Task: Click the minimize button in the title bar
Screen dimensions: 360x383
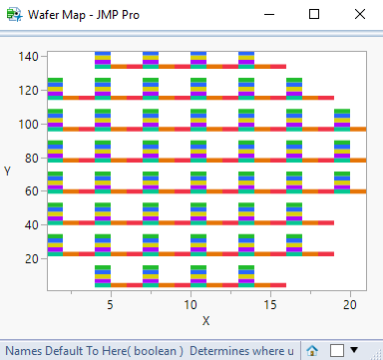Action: [x=268, y=15]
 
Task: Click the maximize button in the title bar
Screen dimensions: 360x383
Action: [x=314, y=15]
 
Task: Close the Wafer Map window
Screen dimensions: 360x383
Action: [x=359, y=15]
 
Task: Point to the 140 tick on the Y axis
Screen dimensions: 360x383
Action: [x=29, y=57]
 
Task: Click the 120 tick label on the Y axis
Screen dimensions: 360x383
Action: [x=29, y=91]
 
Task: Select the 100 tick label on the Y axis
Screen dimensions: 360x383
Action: [x=29, y=125]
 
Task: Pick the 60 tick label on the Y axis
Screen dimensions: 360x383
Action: [x=32, y=191]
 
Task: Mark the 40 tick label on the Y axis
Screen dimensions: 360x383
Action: [x=32, y=225]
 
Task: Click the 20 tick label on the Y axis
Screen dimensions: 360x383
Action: [x=32, y=259]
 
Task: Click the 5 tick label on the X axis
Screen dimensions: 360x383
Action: [x=110, y=301]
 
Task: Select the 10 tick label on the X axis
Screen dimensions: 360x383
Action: [x=190, y=301]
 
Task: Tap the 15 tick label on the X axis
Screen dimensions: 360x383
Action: [x=269, y=301]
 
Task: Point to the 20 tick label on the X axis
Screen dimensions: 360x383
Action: [x=349, y=301]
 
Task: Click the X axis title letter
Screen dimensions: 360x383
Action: [x=205, y=320]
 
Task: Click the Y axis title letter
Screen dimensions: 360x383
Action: [x=8, y=172]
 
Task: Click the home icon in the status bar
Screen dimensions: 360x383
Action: [x=312, y=350]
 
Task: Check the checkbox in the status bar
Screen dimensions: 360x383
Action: [x=336, y=350]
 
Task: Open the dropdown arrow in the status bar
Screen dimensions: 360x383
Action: [x=353, y=350]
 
